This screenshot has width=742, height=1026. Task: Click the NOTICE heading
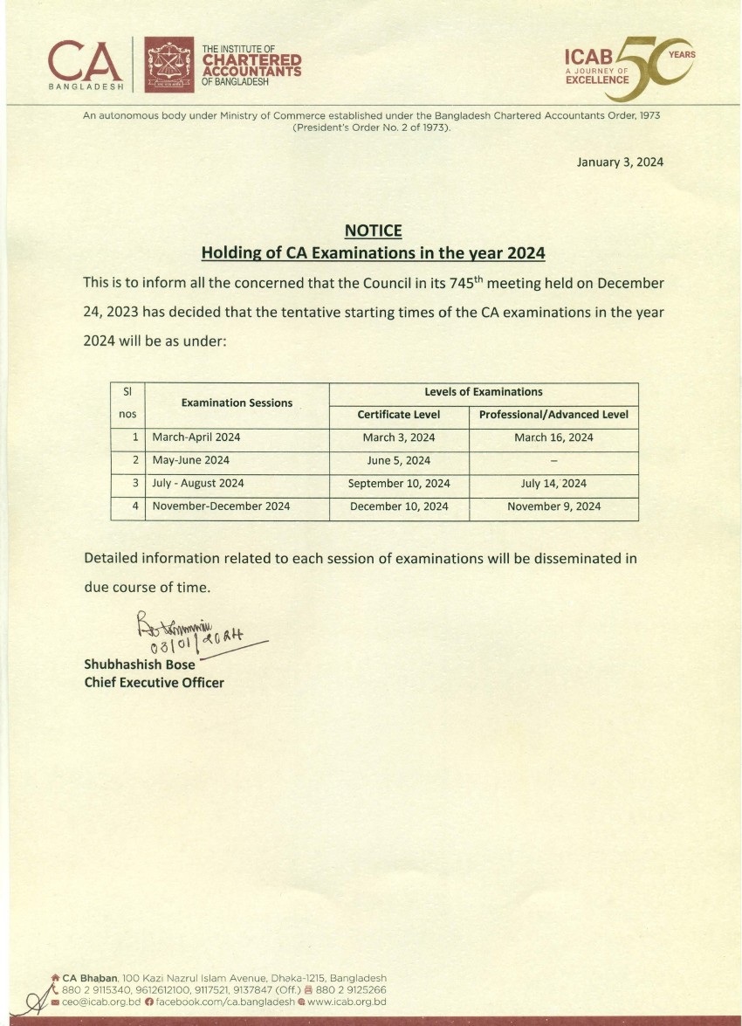click(373, 231)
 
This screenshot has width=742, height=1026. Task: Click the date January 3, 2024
click(620, 162)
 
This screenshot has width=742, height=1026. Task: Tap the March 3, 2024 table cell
click(398, 437)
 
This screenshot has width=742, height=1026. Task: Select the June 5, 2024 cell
click(398, 460)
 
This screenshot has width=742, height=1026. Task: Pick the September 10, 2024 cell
click(399, 483)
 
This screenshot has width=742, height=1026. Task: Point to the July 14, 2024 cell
click(553, 483)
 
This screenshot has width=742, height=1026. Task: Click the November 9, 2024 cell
click(553, 506)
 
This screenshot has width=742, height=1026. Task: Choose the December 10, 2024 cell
click(399, 506)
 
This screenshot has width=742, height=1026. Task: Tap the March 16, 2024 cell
click(553, 437)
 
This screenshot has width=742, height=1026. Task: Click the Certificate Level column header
click(399, 415)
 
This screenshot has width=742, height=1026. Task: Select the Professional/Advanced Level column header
click(553, 415)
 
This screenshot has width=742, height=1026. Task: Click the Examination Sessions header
click(237, 403)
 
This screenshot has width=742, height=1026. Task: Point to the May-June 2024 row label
click(191, 460)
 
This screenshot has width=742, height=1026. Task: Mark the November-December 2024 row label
click(221, 506)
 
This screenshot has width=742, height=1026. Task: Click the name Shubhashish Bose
click(140, 664)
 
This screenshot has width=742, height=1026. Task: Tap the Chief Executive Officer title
click(154, 683)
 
